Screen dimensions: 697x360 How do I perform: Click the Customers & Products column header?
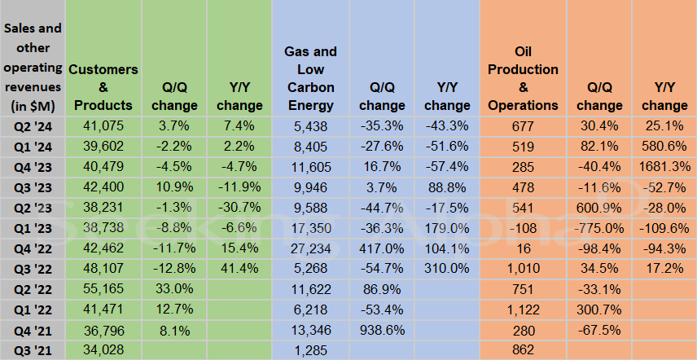click(103, 87)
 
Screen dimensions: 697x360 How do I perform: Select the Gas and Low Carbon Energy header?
click(311, 78)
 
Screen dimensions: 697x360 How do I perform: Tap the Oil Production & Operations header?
click(524, 78)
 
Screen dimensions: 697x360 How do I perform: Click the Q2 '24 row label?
click(33, 127)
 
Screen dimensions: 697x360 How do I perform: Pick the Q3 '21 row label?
click(33, 351)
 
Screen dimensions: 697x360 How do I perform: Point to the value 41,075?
click(103, 126)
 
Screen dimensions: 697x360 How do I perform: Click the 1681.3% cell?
click(664, 167)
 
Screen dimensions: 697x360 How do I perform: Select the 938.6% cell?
click(382, 330)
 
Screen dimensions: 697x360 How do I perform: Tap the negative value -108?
click(524, 228)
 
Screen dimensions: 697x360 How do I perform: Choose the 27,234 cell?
click(311, 248)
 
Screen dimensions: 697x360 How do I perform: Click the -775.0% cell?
click(599, 228)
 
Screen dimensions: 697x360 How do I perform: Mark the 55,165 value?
click(103, 289)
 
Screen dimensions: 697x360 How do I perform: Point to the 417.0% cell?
click(382, 248)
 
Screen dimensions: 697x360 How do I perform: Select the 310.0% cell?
click(447, 268)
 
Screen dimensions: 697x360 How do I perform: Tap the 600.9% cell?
click(599, 208)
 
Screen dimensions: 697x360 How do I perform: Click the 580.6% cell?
click(664, 147)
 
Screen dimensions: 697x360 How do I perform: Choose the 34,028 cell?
click(103, 349)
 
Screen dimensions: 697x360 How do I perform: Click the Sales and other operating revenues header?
click(33, 68)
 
